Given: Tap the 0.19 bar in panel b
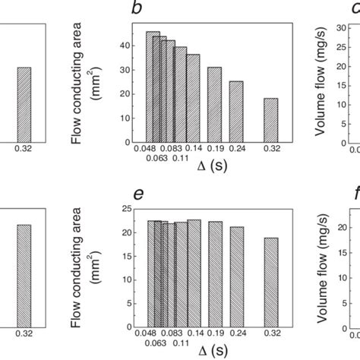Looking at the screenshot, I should point(215,103).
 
